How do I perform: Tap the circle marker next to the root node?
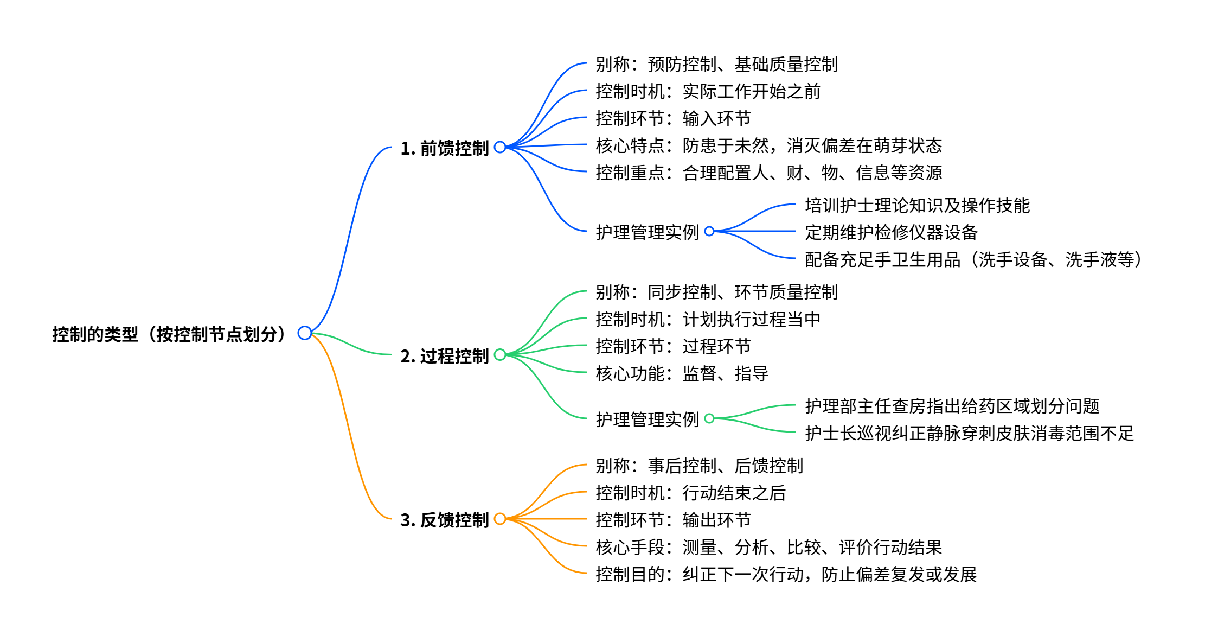[305, 333]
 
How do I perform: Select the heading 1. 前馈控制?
[444, 148]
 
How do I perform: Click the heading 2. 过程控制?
[444, 356]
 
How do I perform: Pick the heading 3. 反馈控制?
[444, 520]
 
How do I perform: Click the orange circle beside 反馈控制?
[500, 519]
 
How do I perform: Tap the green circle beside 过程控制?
[500, 355]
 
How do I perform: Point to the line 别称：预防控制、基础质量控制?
[716, 64]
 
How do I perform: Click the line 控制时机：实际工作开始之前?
[708, 91]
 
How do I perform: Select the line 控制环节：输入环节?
[673, 118]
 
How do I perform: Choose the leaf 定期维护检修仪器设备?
[891, 232]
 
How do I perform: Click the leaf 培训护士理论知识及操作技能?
[917, 205]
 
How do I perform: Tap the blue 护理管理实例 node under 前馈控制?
[647, 232]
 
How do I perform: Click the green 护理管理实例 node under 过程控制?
[647, 419]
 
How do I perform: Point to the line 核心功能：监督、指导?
[682, 373]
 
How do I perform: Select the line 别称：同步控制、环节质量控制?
[716, 292]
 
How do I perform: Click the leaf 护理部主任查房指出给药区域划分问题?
[952, 406]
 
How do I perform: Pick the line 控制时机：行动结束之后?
[690, 493]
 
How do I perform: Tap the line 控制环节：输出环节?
[673, 520]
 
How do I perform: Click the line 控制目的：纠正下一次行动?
[786, 574]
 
